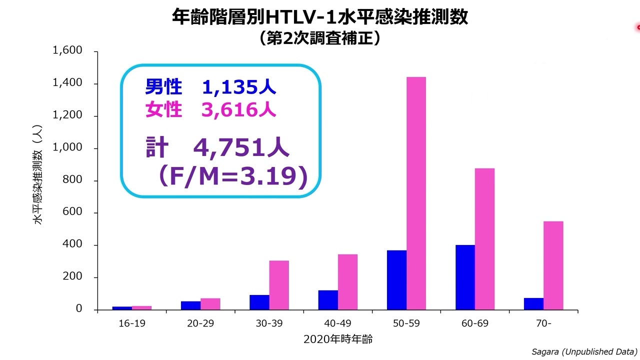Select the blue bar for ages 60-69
point(465,277)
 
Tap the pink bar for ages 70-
point(553,265)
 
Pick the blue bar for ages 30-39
point(259,302)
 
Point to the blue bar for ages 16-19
point(122,308)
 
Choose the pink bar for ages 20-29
point(210,304)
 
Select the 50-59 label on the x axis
point(406,323)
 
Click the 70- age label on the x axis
point(543,323)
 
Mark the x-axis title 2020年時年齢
point(338,339)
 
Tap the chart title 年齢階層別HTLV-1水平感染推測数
point(319,16)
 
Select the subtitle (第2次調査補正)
point(319,38)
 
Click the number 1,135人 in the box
point(238,87)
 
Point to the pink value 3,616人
point(238,109)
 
